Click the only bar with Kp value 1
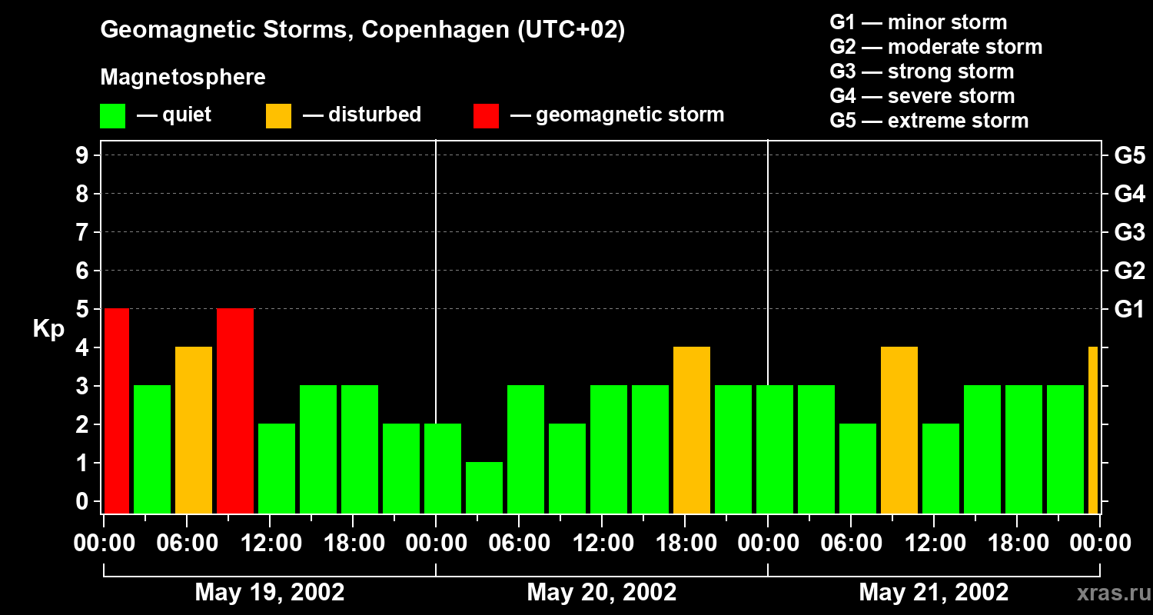(484, 487)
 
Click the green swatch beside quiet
(112, 116)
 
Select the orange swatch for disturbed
(278, 116)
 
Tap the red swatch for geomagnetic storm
(486, 116)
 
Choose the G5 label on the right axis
(1129, 155)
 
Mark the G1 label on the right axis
(1129, 310)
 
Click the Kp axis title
(48, 329)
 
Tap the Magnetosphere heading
(183, 78)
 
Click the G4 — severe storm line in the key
(922, 96)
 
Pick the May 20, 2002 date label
(602, 592)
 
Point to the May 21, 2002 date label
(934, 592)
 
